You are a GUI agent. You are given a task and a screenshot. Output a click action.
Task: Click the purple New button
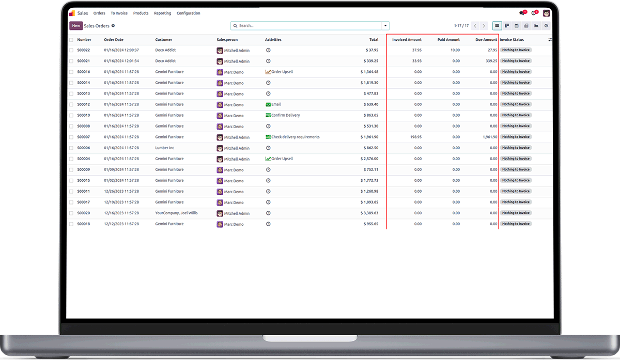coord(76,26)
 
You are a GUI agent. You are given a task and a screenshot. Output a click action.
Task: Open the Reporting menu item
coord(162,13)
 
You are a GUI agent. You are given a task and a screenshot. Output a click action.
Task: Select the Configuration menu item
coord(188,13)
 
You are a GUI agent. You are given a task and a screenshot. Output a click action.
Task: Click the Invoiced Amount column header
coord(407,40)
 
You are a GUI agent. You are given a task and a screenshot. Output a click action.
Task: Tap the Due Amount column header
coord(486,40)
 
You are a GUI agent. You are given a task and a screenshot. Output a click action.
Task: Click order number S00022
coord(84,50)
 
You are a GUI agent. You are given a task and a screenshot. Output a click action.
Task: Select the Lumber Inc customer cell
coord(165,148)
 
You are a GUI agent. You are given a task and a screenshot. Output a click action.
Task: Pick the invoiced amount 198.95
coord(414,137)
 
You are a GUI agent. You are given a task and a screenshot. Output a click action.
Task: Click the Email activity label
coord(276,104)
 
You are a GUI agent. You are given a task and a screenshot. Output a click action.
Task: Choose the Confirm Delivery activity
coord(285,115)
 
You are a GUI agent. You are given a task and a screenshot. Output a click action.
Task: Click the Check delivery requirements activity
coord(295,137)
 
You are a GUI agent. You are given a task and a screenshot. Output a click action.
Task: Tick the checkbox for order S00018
coord(71,224)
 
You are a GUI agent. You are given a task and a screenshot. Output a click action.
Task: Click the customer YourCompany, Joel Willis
coord(176,213)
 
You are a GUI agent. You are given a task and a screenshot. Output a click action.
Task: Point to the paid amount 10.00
coord(455,50)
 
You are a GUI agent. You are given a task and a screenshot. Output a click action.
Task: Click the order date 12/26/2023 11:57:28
coord(121,191)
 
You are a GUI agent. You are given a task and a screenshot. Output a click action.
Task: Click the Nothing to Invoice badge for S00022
coord(516,50)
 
